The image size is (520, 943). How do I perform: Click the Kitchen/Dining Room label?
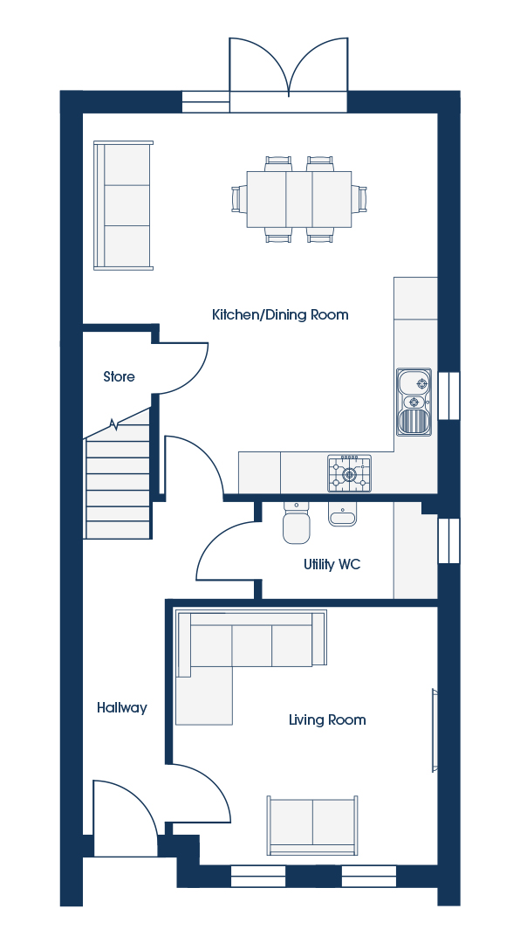[x=280, y=314]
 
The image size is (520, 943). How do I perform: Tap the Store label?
[x=119, y=376]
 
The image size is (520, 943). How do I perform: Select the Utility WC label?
[x=332, y=565]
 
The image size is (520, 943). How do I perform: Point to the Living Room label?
[x=327, y=719]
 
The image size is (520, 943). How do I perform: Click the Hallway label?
[x=122, y=708]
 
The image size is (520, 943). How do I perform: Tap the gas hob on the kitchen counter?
[x=349, y=473]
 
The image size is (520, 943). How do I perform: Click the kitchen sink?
[x=414, y=402]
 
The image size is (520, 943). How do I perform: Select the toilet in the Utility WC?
[x=297, y=522]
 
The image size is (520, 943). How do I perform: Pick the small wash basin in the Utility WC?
[x=343, y=514]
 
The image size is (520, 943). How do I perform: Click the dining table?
[x=298, y=199]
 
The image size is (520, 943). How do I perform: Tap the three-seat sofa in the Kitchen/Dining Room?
[x=123, y=205]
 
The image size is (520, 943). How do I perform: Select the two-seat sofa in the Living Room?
[x=312, y=825]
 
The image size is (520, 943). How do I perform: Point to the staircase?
[x=117, y=481]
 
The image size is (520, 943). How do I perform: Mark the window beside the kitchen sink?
[x=449, y=396]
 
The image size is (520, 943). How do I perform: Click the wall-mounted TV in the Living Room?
[x=434, y=730]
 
